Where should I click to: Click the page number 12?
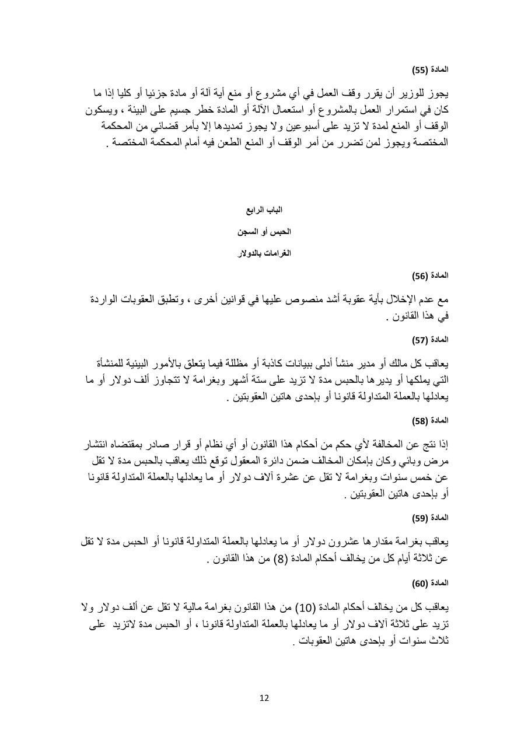tap(264, 698)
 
